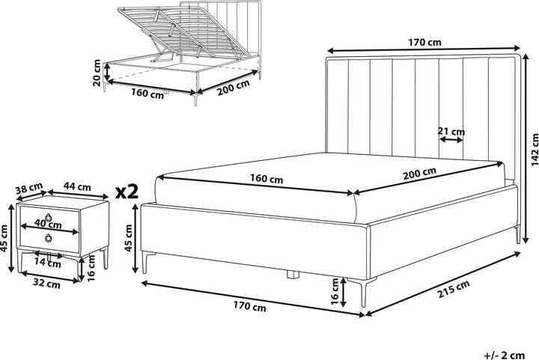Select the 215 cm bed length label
point(454,292)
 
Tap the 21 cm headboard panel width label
point(451,132)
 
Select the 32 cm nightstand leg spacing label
point(46,284)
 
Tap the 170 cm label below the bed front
point(249,307)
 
